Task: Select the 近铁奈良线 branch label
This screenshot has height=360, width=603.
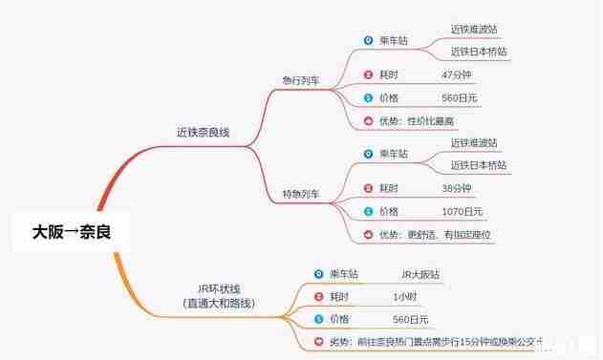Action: (204, 133)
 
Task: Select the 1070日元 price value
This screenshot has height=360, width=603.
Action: (463, 210)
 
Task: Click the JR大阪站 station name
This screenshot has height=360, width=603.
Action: (420, 274)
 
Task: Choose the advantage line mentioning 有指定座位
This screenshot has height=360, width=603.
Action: (435, 234)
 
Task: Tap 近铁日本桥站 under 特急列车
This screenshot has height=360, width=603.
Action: (479, 165)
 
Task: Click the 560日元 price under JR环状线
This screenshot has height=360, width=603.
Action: (411, 319)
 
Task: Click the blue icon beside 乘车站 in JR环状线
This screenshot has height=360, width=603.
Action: (318, 274)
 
